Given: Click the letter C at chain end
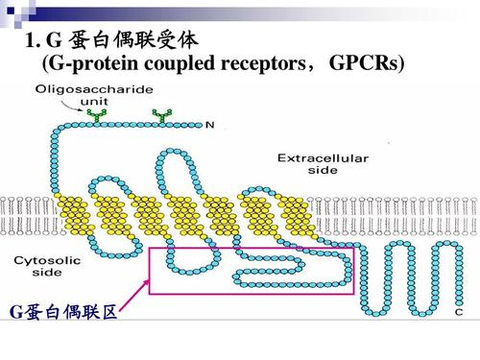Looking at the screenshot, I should (458, 313).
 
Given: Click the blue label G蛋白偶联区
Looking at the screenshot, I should (62, 313).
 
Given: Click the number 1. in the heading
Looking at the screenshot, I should (28, 41).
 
